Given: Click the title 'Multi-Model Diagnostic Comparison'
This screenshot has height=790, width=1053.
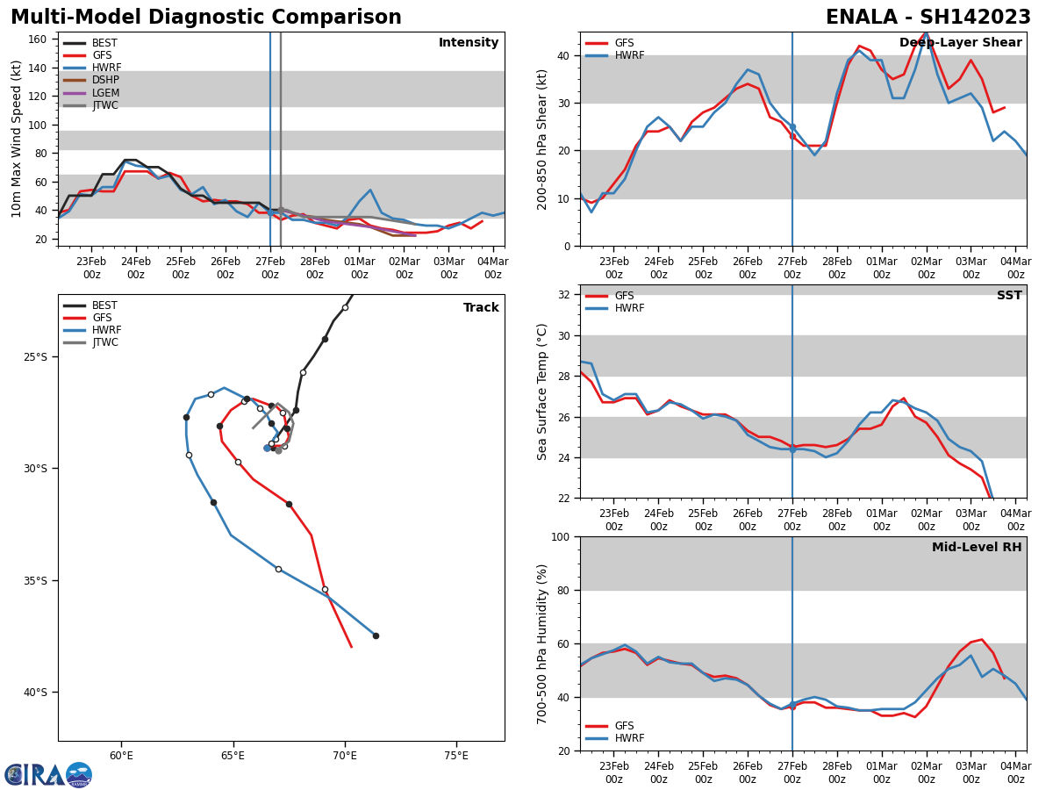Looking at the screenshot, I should point(205,18).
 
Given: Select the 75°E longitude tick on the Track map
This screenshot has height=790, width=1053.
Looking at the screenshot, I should point(455,755).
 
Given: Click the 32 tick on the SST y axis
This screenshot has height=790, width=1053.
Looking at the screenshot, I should point(564,295).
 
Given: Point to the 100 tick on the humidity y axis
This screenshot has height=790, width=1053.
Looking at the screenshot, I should point(559,536).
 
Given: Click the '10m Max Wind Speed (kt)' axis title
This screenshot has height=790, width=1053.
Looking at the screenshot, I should point(17,139).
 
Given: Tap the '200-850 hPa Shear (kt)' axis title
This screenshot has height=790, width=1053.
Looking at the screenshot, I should point(543,139).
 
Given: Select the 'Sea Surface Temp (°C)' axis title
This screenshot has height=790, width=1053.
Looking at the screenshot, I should point(543,391).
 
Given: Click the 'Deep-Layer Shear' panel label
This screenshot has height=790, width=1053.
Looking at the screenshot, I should point(960,43).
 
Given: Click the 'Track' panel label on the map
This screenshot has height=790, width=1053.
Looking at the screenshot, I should point(481,307).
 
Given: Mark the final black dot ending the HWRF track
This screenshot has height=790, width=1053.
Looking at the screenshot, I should point(376,636).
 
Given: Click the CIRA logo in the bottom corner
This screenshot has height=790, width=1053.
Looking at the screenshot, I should point(47,774).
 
